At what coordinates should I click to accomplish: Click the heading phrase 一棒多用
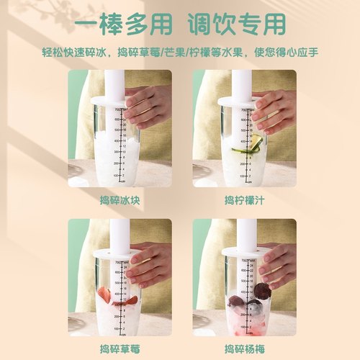click(x=124, y=24)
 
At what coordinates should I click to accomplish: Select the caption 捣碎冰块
click(x=120, y=199)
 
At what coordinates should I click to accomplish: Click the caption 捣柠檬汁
click(x=245, y=199)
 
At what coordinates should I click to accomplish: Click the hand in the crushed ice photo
click(x=148, y=104)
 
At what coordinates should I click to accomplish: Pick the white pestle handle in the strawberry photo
click(x=115, y=235)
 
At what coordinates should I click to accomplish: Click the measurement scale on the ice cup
click(x=124, y=144)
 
